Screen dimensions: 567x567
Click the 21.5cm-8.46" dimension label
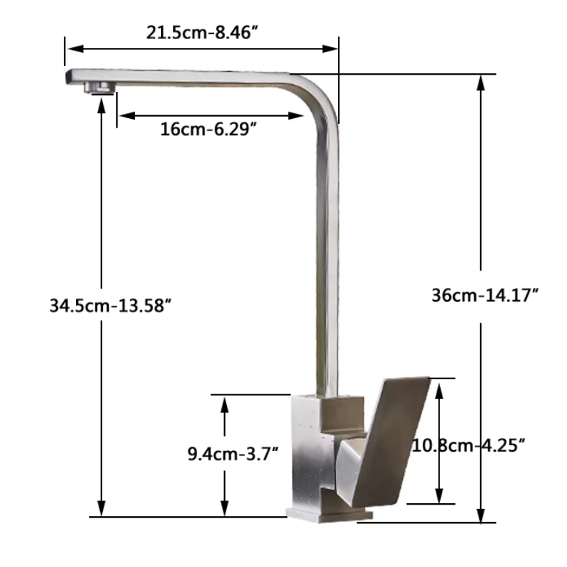(x=204, y=33)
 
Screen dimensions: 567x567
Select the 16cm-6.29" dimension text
(x=210, y=131)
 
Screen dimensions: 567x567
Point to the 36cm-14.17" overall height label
(x=484, y=295)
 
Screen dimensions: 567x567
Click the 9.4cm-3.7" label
(x=232, y=455)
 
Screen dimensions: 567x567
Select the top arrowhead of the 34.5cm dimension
(x=102, y=100)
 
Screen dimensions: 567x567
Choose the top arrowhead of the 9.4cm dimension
(x=225, y=402)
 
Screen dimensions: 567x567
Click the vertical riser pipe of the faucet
(x=328, y=254)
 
